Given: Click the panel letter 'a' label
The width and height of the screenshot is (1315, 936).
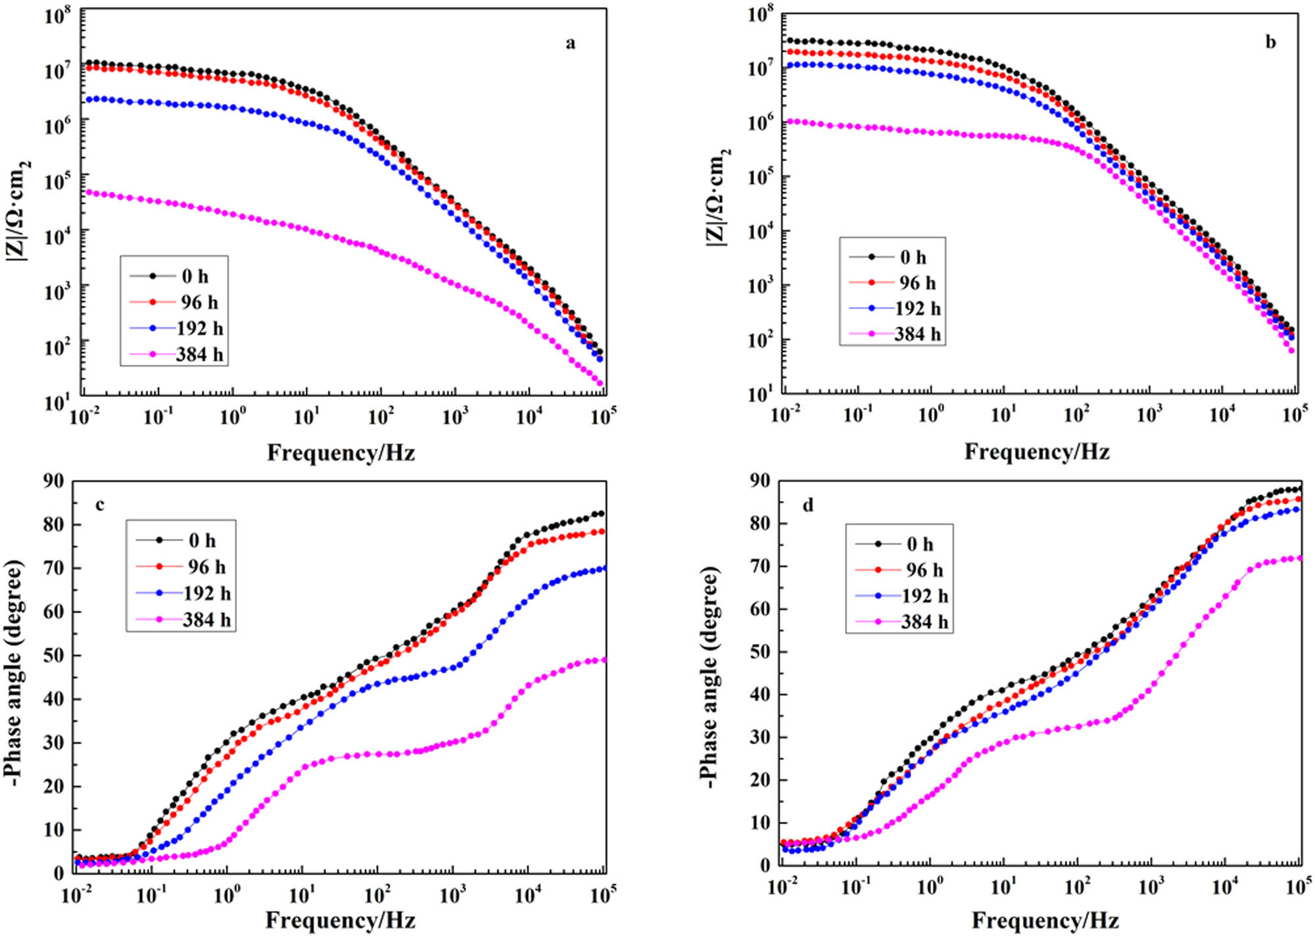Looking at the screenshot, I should click(570, 43).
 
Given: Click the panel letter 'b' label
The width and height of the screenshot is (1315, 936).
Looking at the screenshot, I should click(1270, 42).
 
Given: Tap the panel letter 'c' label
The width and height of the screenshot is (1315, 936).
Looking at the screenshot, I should click(99, 505).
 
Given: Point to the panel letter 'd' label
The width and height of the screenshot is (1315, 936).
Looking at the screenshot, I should click(807, 505).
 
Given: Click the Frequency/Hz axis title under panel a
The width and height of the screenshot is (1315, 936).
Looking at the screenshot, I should click(341, 453).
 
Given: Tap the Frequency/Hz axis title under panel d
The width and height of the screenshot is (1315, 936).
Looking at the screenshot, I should click(1045, 920).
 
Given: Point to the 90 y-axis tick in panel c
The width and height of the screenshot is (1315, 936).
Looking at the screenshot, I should click(53, 481).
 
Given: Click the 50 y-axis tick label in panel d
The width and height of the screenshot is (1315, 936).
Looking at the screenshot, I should click(759, 652).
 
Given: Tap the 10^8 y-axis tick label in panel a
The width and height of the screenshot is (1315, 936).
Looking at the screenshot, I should click(57, 14).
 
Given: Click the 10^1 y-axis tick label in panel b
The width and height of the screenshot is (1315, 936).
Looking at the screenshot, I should click(759, 395).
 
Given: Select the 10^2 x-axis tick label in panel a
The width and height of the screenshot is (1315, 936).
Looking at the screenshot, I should click(380, 416).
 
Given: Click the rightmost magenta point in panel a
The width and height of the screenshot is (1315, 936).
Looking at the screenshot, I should click(599, 382).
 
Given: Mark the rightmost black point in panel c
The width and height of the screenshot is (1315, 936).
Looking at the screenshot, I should click(600, 514).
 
